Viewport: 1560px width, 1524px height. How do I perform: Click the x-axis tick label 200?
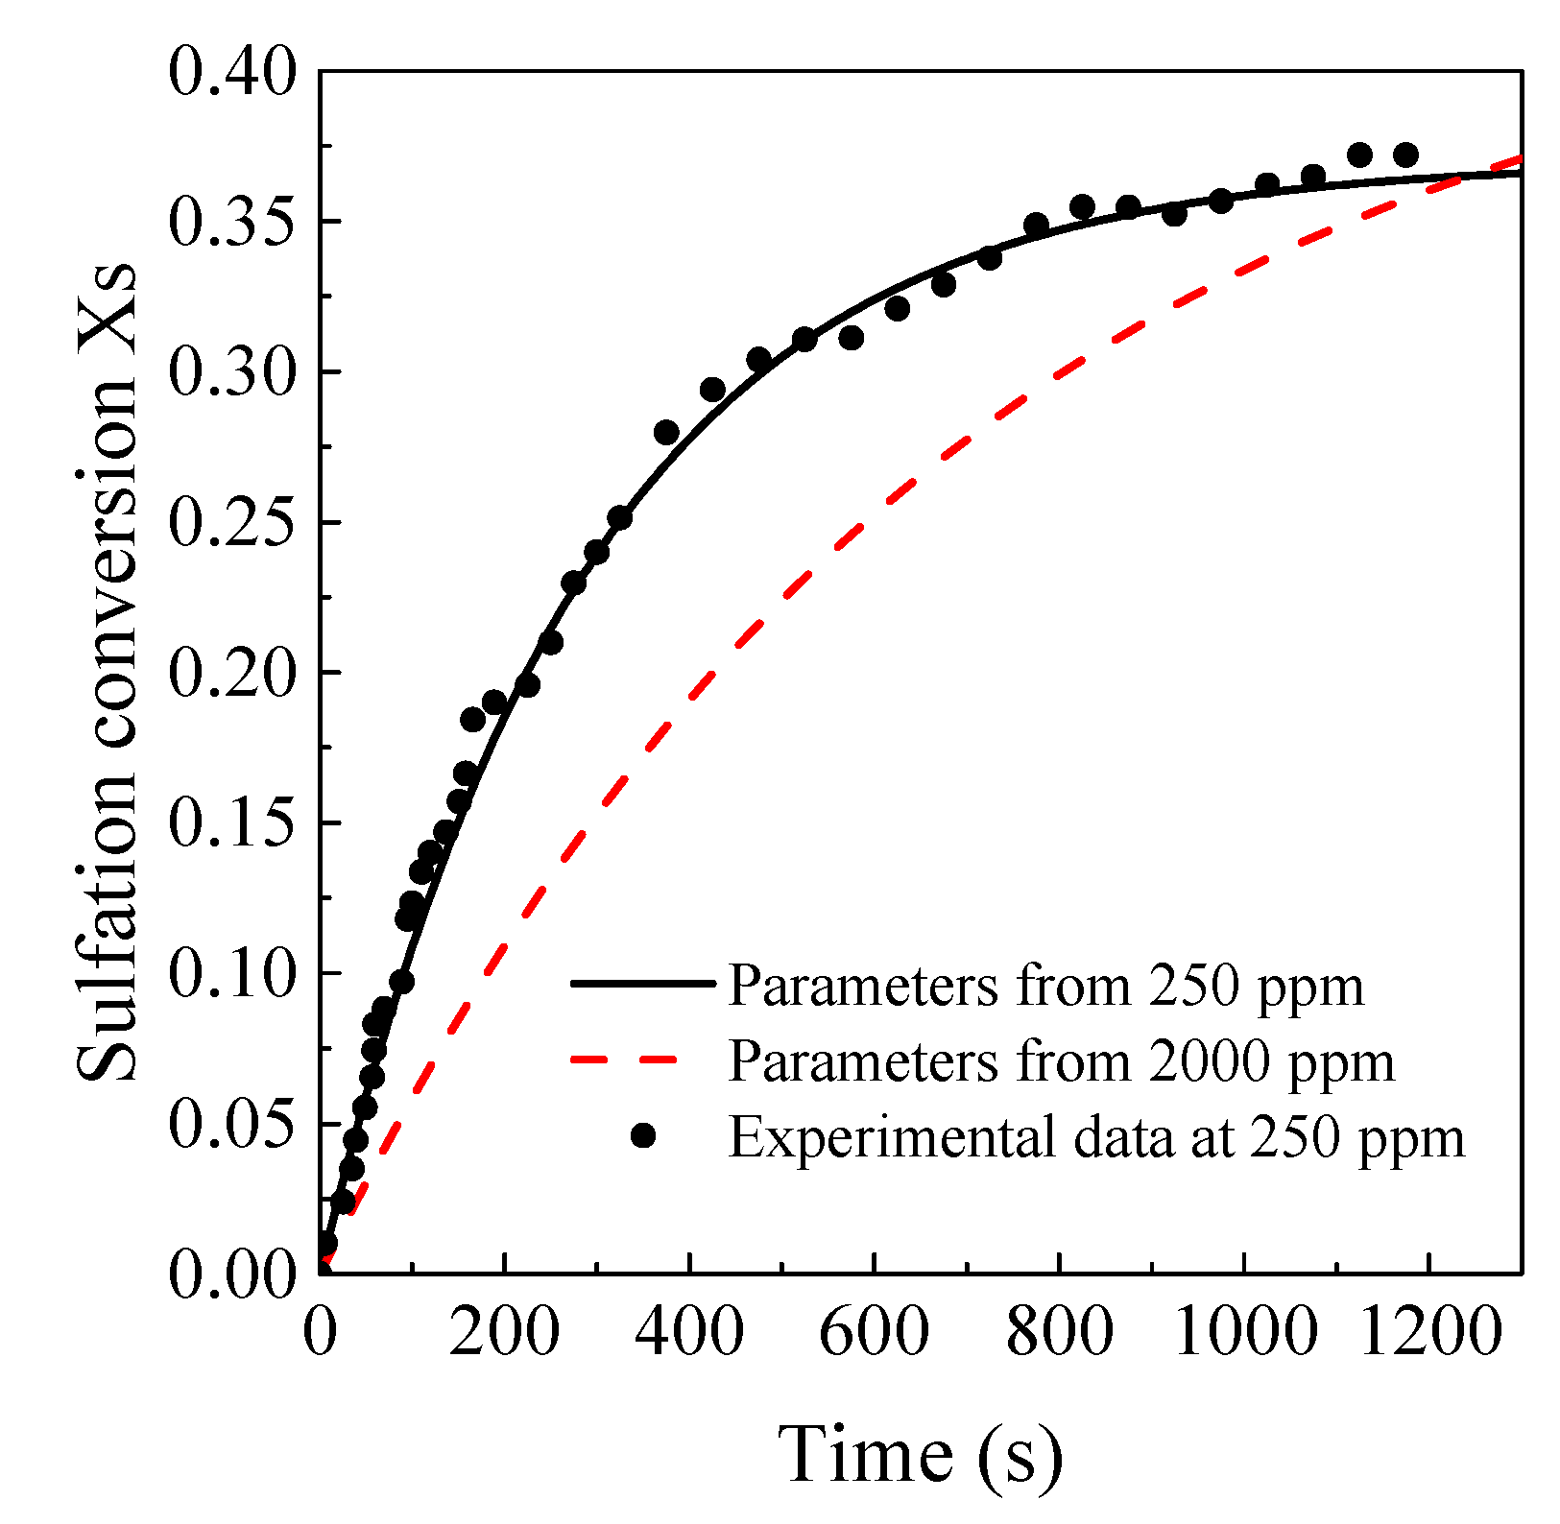[504, 1333]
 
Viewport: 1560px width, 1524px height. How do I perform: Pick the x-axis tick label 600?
[874, 1333]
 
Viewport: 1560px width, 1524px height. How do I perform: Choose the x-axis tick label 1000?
[1244, 1333]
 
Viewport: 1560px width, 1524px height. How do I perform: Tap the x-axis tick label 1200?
[1429, 1333]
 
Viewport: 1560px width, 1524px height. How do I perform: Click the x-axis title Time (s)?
[920, 1455]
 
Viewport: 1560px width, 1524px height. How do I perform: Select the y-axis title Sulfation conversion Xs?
[108, 672]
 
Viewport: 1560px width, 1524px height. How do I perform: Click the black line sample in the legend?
[642, 984]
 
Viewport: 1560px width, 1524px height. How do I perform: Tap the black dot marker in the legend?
[643, 1136]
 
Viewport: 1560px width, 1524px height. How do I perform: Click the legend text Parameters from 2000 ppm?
[1061, 1061]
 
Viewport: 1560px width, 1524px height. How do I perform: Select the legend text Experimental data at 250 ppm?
[1096, 1138]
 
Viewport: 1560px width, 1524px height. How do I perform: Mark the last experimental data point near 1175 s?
[1405, 155]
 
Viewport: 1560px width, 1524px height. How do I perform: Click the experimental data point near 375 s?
[666, 432]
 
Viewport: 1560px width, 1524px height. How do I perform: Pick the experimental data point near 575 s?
[851, 338]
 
